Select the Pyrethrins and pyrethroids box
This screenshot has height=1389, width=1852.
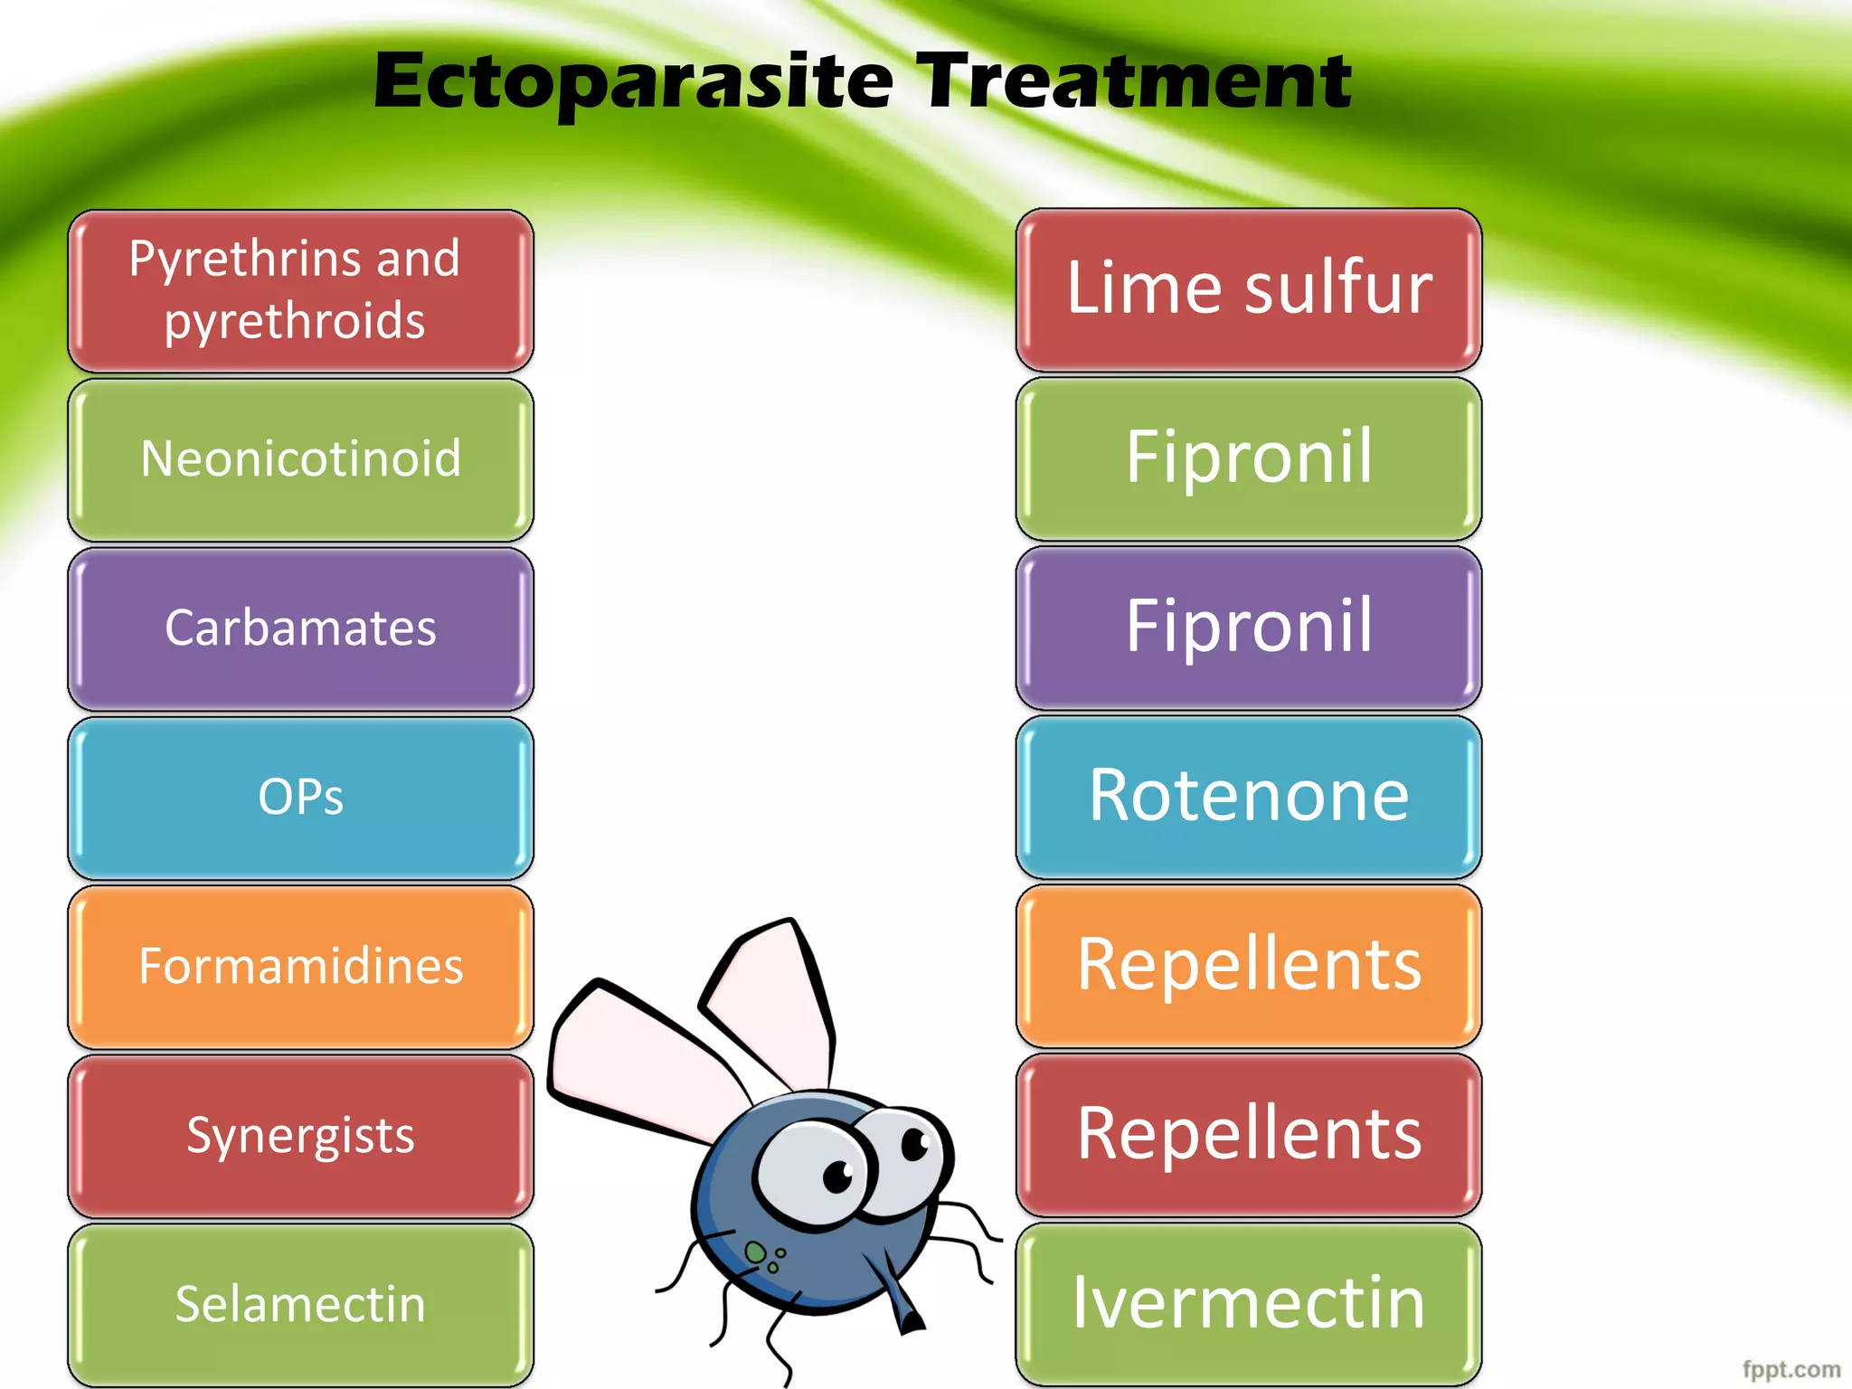coord(300,290)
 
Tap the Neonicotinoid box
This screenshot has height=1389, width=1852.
coord(300,459)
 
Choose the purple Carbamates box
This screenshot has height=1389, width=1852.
coord(300,628)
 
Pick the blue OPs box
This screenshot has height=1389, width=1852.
coord(300,798)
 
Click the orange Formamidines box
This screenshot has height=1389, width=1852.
coord(300,967)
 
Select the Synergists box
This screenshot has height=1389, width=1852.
coord(300,1136)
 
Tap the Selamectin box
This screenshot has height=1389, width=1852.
coord(300,1304)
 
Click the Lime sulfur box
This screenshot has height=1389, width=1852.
coord(1248,289)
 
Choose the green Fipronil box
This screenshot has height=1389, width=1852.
coord(1248,458)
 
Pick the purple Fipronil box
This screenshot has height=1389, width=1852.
coord(1248,628)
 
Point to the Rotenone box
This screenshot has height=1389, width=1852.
coord(1248,797)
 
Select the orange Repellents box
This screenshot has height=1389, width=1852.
coord(1248,966)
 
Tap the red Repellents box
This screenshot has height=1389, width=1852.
coord(1248,1135)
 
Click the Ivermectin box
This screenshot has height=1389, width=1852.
coord(1248,1303)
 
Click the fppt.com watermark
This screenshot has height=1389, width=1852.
coord(1791,1369)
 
